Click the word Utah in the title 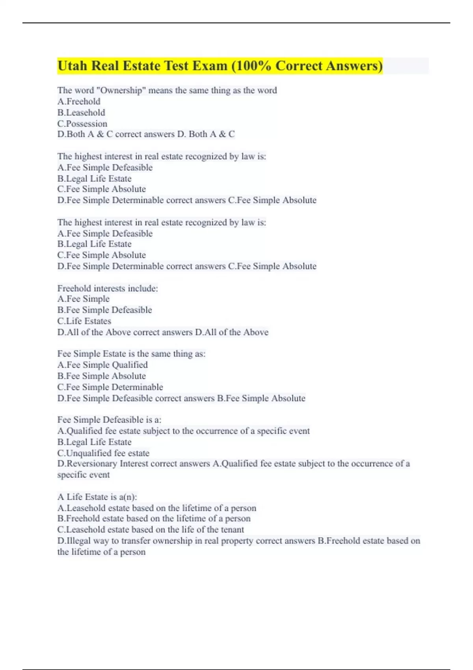pos(72,66)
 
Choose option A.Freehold pos(79,101)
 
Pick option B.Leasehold pos(81,112)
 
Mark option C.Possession pos(82,123)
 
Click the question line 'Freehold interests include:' pos(108,288)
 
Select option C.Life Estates pos(84,321)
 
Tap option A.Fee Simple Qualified pos(102,365)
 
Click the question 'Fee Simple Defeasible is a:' pos(109,419)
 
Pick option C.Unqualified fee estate pos(103,453)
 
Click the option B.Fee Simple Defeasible pos(104,310)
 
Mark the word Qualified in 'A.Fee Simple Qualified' pos(130,365)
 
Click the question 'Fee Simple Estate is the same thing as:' pos(131,354)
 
